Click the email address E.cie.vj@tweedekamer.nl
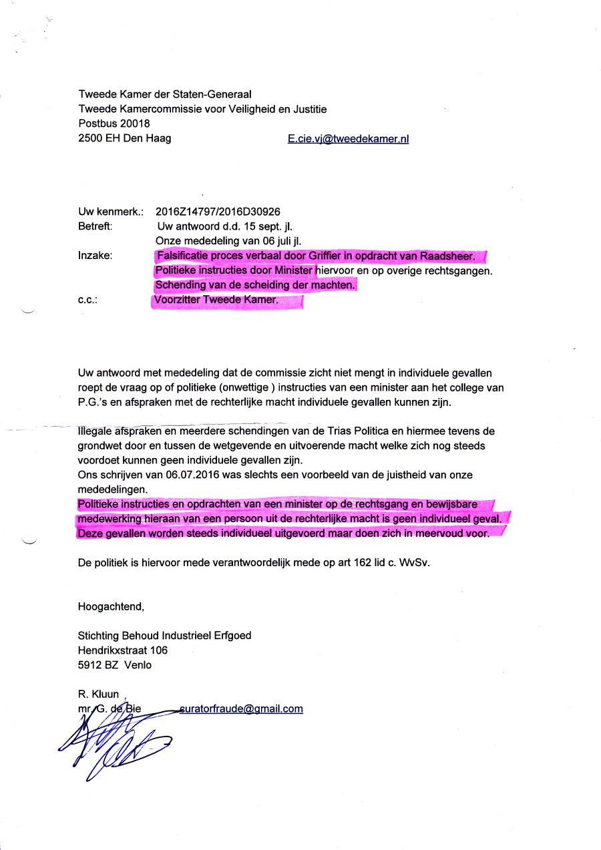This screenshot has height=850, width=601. [x=348, y=139]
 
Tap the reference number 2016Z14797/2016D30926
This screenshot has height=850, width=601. [x=218, y=212]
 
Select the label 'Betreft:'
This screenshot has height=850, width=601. [x=95, y=226]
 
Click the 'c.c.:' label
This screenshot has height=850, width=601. [x=88, y=300]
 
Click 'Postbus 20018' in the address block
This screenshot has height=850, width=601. [x=114, y=124]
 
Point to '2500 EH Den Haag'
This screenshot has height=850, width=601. [x=125, y=138]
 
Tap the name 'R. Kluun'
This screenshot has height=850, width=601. [x=98, y=694]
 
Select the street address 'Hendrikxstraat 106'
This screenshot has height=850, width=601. [x=123, y=650]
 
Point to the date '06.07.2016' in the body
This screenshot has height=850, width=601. [x=170, y=475]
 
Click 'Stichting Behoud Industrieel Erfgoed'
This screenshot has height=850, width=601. [x=165, y=636]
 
